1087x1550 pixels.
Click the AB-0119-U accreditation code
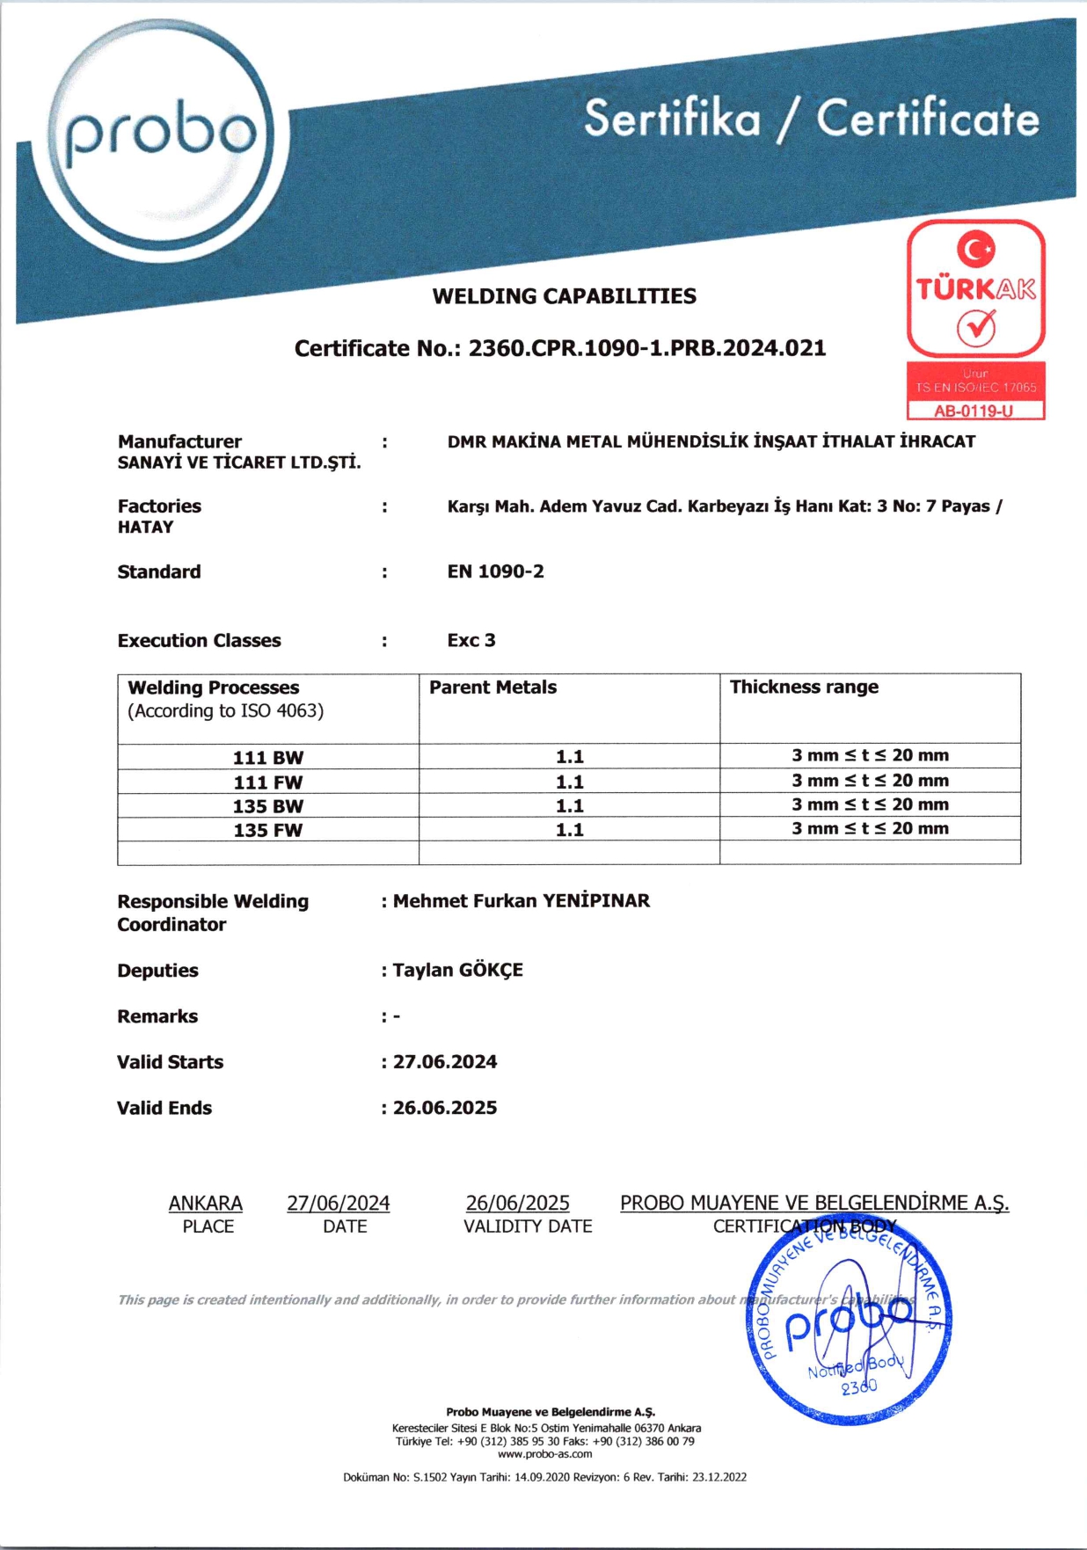[x=974, y=411]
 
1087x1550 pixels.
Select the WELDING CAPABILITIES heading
[x=564, y=296]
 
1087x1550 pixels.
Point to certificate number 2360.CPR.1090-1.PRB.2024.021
[x=647, y=348]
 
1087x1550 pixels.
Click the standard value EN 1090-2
[x=495, y=571]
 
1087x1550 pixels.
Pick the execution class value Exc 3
[x=471, y=640]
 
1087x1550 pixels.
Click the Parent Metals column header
[x=492, y=688]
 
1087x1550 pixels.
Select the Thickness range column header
[x=804, y=687]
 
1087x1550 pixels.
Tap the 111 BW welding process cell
[x=268, y=757]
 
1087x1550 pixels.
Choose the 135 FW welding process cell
[x=268, y=830]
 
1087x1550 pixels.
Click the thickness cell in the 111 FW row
[x=870, y=781]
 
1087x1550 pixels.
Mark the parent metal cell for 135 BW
[x=570, y=805]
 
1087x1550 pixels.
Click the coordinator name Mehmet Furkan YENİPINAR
[x=522, y=900]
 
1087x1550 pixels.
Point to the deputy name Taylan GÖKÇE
[x=457, y=970]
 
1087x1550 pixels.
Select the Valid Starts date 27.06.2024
[x=445, y=1062]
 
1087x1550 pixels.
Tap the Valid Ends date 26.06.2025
[x=445, y=1108]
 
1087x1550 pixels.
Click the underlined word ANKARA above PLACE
[x=206, y=1203]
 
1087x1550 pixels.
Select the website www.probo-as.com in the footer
[x=544, y=1453]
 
